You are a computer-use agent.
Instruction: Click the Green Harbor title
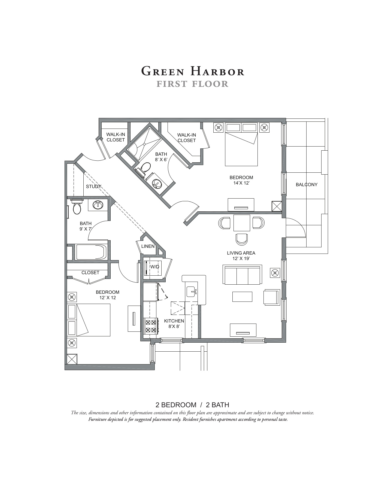192,71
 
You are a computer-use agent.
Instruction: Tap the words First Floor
192,84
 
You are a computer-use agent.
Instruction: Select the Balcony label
307,184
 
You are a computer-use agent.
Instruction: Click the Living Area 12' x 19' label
241,256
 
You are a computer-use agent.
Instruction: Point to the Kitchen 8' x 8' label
174,324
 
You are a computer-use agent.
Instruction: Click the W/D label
154,267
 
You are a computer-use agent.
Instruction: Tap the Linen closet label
148,246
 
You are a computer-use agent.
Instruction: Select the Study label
93,187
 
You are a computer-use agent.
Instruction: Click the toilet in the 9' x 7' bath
77,208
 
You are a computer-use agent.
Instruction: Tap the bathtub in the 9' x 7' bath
91,252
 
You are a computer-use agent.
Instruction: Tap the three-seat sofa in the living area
242,275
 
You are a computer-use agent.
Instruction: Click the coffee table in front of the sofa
242,296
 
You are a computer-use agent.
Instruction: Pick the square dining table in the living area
242,223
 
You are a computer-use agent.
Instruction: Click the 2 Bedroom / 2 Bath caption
192,405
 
